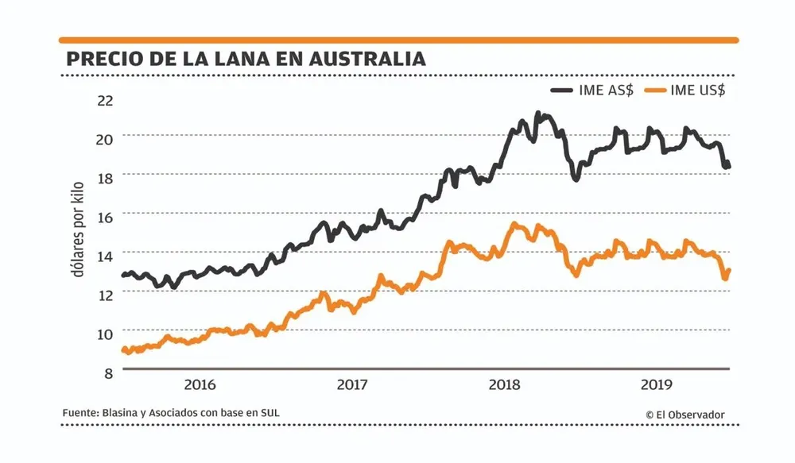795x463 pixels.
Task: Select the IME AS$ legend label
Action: pos(607,90)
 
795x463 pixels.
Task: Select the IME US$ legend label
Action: pos(698,90)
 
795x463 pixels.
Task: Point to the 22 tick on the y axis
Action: pos(105,101)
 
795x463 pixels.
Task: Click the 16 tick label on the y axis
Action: pos(105,217)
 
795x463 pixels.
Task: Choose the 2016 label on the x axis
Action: pos(200,385)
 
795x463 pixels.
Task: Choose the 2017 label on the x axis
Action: pos(351,385)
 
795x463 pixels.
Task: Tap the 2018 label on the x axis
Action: pos(504,385)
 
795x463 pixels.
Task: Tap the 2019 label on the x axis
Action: pos(656,385)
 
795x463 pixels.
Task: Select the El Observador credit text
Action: pos(684,414)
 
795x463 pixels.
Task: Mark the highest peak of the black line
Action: pos(539,114)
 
